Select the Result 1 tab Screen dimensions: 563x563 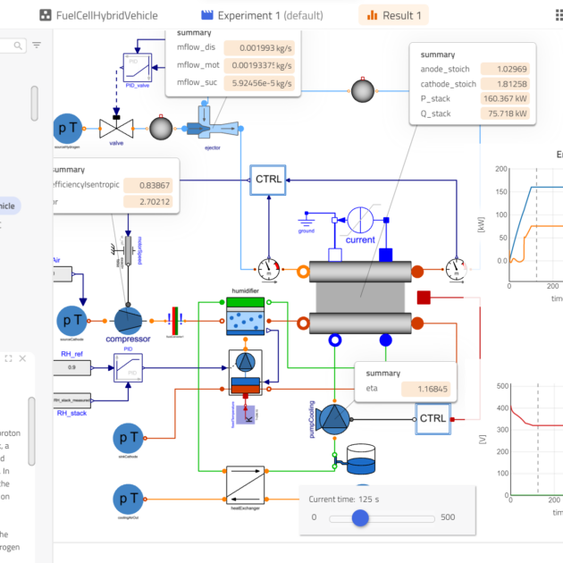tap(393, 15)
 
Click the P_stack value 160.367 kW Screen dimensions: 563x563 tap(505, 99)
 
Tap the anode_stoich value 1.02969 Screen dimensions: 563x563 tap(505, 69)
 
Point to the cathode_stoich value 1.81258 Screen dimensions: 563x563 tap(505, 84)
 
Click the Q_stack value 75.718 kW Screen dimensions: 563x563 tap(505, 114)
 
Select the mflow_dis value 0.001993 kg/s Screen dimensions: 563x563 tap(259, 49)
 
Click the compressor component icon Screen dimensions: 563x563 tap(128, 318)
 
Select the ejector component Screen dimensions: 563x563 tap(206, 126)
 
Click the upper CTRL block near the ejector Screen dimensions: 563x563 tap(268, 179)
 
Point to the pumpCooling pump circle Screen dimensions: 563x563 tap(334, 418)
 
